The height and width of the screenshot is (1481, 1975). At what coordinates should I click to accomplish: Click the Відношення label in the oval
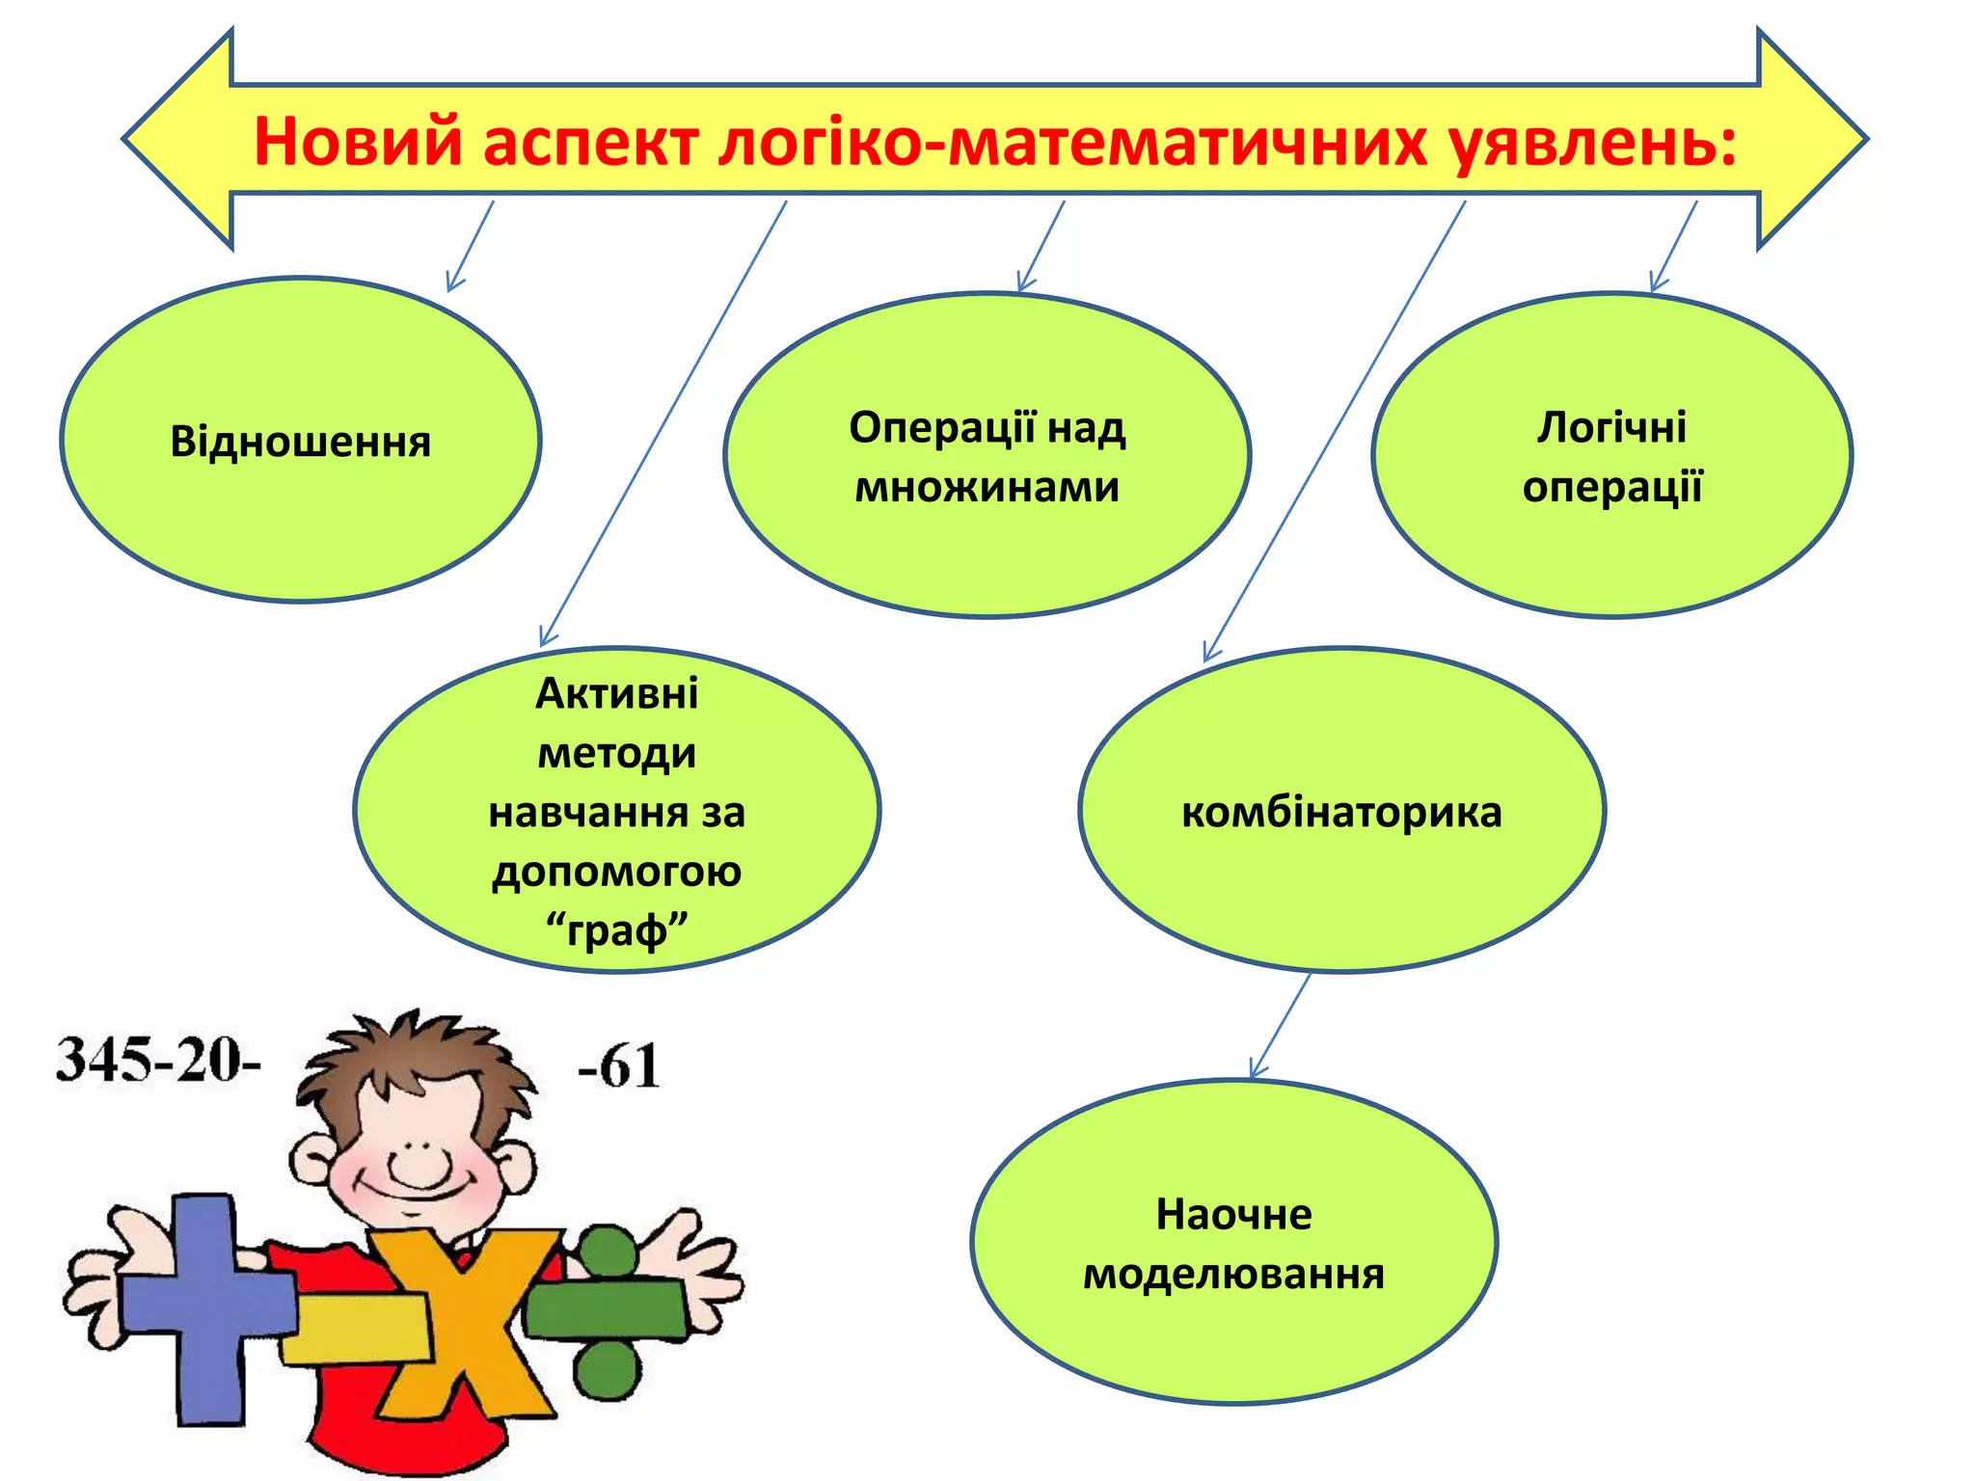point(301,442)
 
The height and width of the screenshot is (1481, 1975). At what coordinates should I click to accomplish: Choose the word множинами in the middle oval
point(987,487)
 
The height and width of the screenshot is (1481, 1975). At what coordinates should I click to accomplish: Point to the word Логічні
point(1611,426)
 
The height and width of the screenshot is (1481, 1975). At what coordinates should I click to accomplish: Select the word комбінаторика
point(1341,812)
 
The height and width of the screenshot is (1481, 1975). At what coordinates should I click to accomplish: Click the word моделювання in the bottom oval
point(1233,1274)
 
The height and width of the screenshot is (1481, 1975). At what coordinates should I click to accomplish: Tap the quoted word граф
point(617,930)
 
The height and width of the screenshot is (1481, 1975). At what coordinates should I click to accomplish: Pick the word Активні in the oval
point(617,693)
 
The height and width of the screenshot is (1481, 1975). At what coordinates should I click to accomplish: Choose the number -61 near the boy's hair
point(619,1066)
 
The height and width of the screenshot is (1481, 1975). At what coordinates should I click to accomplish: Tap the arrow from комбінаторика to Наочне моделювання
point(1280,1025)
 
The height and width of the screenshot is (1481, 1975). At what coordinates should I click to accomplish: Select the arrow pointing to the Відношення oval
point(470,245)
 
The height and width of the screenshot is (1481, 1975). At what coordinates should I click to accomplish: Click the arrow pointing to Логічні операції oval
point(1673,245)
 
